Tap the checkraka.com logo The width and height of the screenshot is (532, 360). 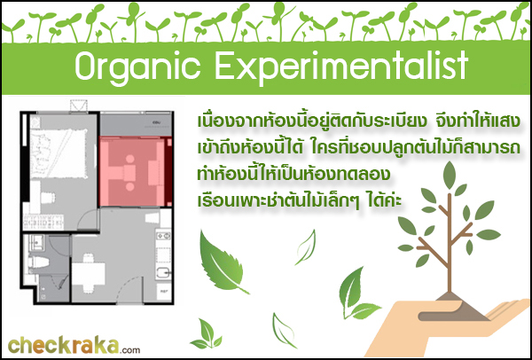[74, 346]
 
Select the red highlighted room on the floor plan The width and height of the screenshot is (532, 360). [136, 171]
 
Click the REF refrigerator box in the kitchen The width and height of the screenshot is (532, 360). [163, 292]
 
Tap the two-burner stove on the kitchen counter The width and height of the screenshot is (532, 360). [163, 235]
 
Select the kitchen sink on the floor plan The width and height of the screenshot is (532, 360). [163, 272]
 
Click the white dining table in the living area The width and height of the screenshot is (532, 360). [88, 273]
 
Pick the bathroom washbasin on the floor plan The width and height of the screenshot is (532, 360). [36, 241]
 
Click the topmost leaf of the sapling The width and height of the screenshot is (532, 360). [450, 175]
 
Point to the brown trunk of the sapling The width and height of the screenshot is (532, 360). [450, 244]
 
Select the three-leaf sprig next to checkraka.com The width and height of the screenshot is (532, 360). [207, 334]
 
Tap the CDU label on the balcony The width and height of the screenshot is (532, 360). [157, 122]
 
